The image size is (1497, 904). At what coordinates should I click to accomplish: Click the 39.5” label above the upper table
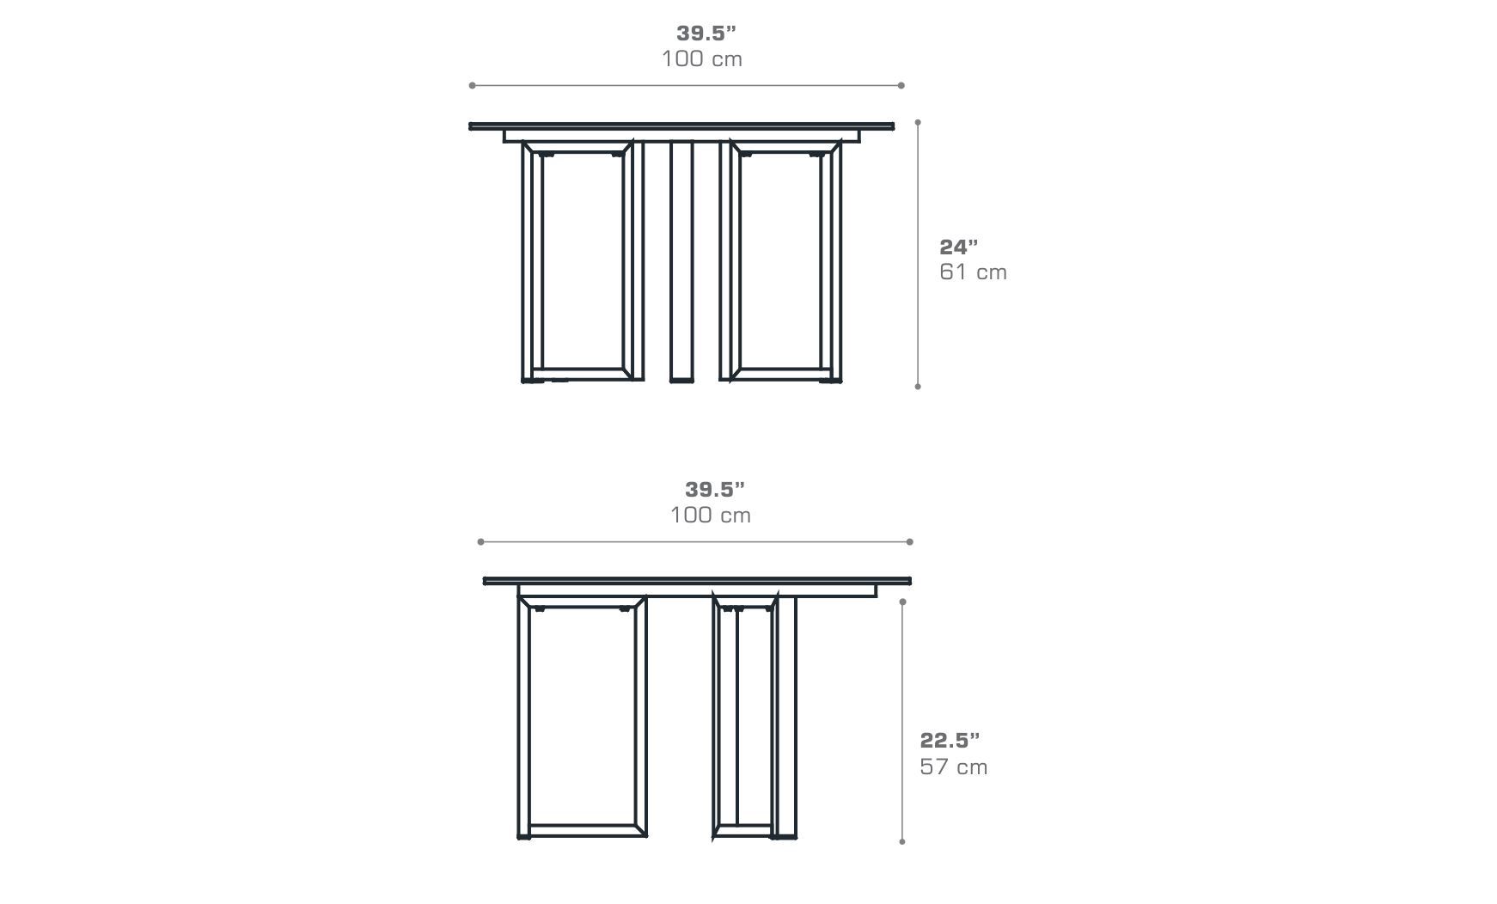(706, 34)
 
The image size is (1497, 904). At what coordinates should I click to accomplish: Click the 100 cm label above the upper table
(701, 59)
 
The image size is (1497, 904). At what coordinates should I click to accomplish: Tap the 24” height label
(958, 247)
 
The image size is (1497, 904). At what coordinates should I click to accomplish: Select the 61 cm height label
(973, 272)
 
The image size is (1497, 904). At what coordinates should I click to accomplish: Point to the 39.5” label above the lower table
(714, 490)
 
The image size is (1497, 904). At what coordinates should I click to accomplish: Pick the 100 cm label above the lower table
(710, 516)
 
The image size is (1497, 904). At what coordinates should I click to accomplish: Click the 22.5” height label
(950, 740)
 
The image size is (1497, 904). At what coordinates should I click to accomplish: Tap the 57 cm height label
(953, 767)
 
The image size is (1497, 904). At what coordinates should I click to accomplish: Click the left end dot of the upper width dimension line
(472, 85)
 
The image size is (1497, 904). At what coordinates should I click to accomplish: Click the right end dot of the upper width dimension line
(901, 85)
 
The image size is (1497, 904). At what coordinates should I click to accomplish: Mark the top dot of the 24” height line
(918, 122)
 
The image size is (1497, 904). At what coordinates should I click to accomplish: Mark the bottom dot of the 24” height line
(918, 387)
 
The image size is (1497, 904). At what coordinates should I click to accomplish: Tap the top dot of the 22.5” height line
(902, 602)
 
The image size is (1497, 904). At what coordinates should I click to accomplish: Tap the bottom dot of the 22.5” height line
(902, 841)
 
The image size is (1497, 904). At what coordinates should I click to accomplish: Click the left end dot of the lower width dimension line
(480, 541)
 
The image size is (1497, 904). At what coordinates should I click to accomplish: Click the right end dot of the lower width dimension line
(909, 541)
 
